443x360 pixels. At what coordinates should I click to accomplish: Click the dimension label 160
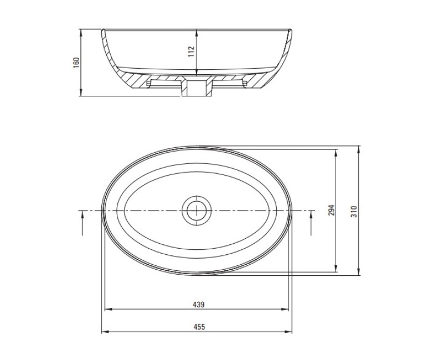[x=76, y=61]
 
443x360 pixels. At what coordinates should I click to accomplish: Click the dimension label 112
[x=192, y=52]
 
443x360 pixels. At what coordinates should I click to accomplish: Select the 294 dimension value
[x=331, y=211]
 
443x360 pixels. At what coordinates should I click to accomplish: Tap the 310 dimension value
[x=354, y=211]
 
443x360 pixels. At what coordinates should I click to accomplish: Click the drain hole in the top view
[x=196, y=210]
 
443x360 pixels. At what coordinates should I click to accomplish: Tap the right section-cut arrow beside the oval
[x=311, y=224]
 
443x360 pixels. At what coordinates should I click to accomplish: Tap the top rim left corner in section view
[x=102, y=30]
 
